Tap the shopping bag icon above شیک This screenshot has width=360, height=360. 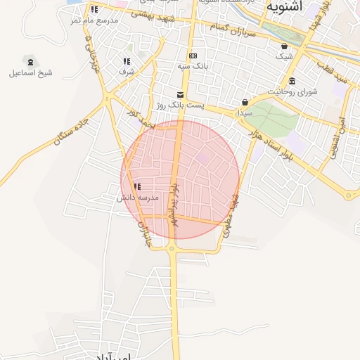click(x=283, y=46)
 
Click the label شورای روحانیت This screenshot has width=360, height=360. click(x=293, y=91)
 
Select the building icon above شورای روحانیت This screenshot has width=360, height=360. click(x=292, y=80)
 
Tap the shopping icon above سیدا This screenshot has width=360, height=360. click(x=245, y=102)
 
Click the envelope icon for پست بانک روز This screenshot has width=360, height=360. click(x=181, y=94)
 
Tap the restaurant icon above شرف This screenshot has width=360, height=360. click(x=127, y=61)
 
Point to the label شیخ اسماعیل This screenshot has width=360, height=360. click(x=30, y=72)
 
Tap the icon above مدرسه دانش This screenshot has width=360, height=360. click(x=137, y=186)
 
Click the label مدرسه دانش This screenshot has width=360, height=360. click(x=139, y=198)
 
